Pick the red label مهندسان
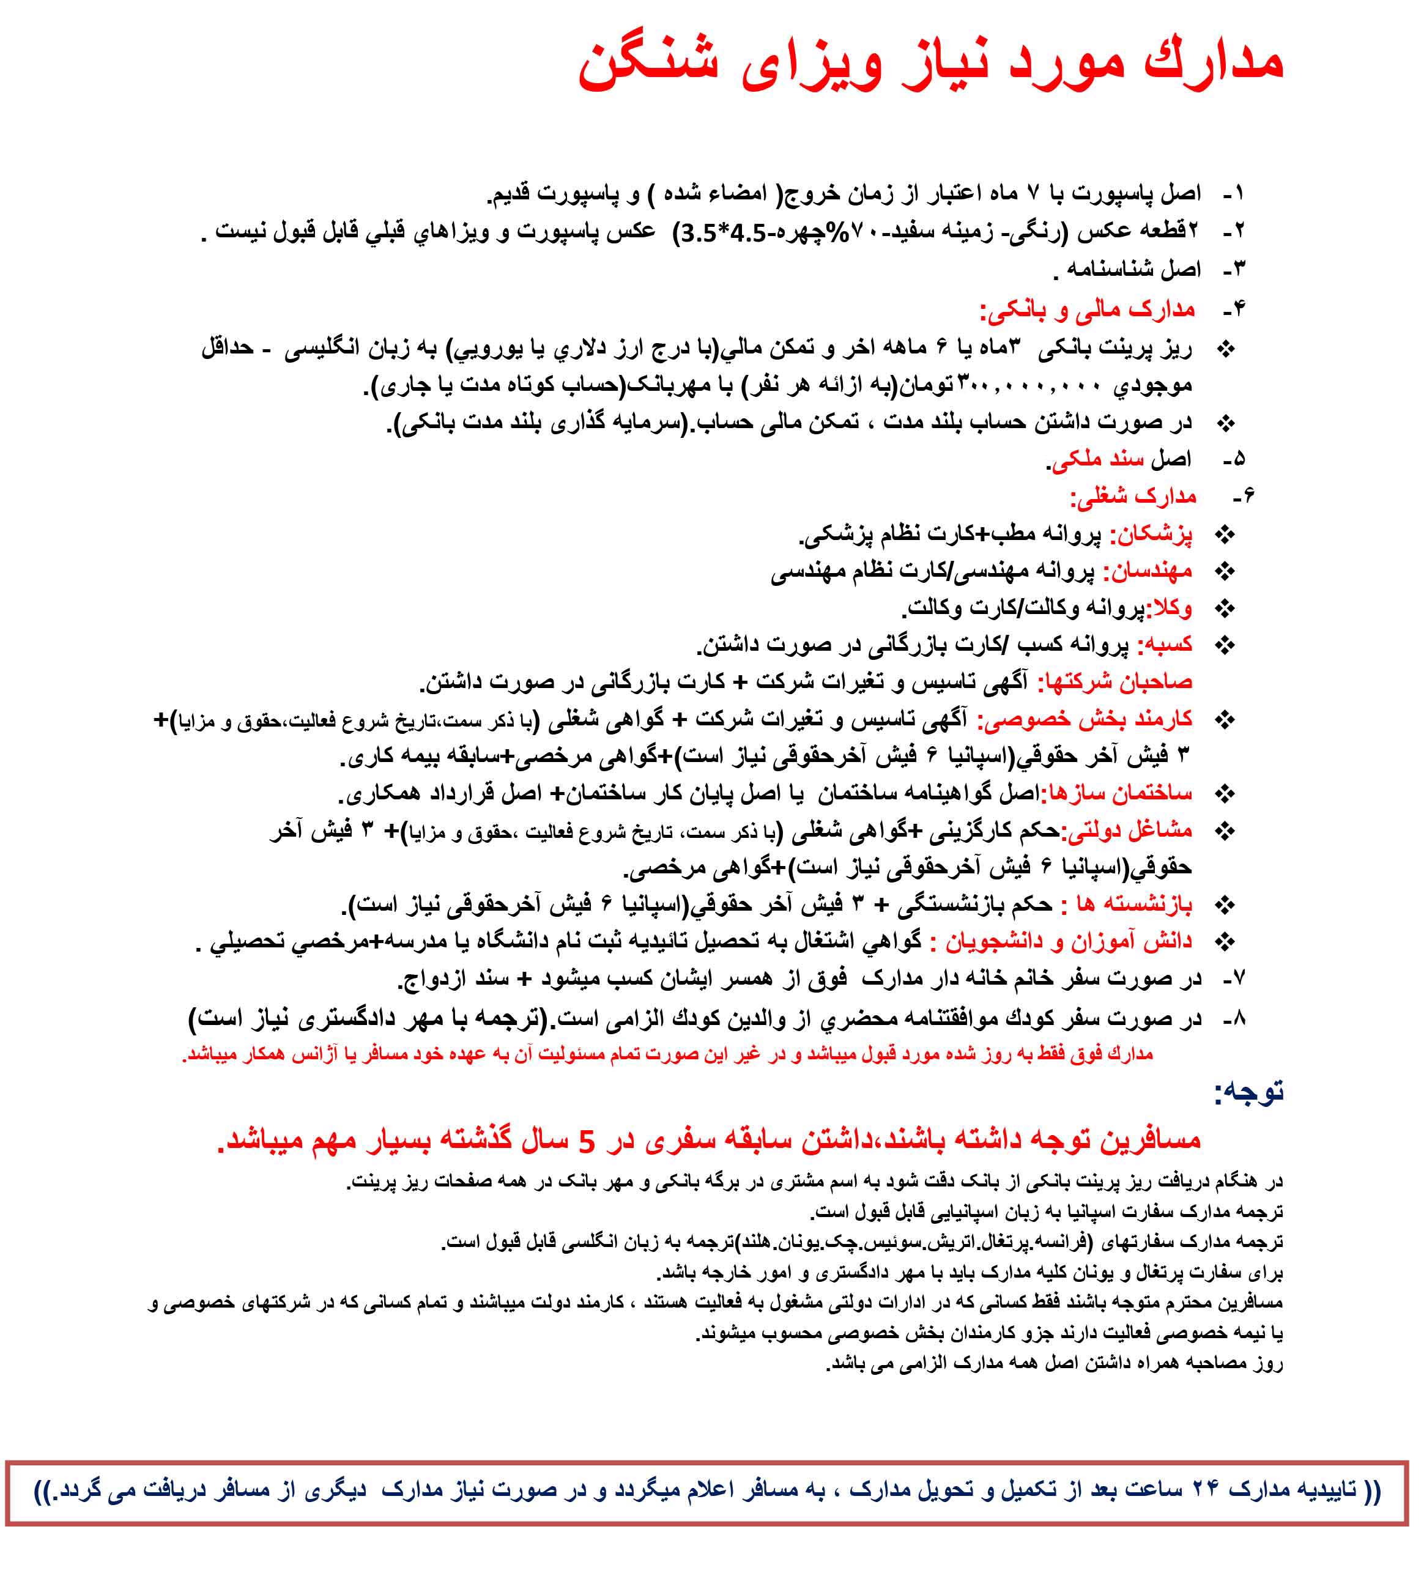click(1149, 572)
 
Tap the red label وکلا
click(1170, 608)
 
